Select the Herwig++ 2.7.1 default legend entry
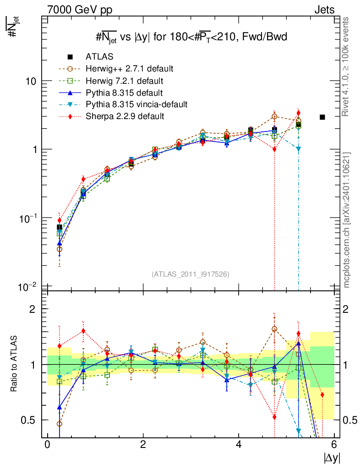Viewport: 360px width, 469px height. tap(129, 69)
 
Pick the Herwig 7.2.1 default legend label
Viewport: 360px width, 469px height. tap(125, 81)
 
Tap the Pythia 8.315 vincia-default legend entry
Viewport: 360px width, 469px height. tap(136, 104)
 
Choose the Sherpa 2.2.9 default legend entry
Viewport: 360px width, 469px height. tap(125, 116)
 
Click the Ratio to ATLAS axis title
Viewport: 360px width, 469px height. tap(14, 364)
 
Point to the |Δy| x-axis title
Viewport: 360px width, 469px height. tap(331, 458)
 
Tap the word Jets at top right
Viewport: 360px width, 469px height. tap(324, 10)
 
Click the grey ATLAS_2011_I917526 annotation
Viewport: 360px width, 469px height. tap(190, 274)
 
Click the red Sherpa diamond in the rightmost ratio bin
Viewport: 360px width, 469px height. tap(322, 395)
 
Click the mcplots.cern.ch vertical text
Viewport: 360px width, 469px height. tap(347, 220)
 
